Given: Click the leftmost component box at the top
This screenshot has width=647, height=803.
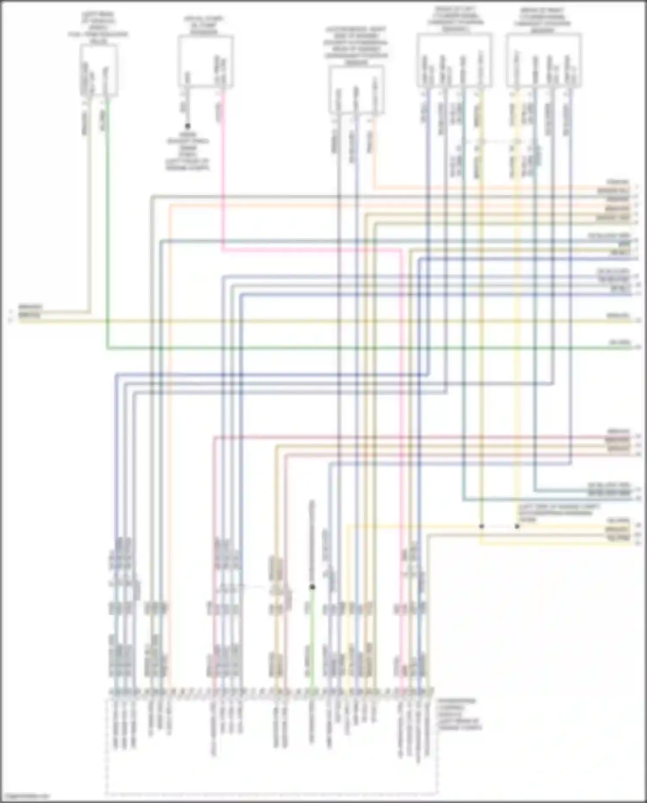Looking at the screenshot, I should [x=98, y=70].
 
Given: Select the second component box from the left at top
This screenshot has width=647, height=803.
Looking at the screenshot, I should [x=206, y=61].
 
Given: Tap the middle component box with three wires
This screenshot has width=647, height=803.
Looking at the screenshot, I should [x=356, y=90].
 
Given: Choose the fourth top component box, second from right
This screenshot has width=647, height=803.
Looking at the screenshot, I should [x=454, y=60].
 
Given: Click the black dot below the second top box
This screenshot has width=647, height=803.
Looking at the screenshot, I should [x=188, y=126].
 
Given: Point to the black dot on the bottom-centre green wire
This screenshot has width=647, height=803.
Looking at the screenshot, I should [x=312, y=587].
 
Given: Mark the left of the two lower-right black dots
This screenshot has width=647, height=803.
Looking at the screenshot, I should [x=482, y=526].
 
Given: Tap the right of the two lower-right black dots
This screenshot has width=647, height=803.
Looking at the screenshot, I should [x=517, y=526].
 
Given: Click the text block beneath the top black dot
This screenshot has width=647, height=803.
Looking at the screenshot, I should [x=188, y=151].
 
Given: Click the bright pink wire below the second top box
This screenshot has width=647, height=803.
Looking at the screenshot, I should [x=223, y=173].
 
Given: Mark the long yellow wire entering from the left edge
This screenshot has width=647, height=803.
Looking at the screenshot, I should [x=302, y=321].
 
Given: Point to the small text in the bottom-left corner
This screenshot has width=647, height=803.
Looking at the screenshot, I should [x=25, y=795].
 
